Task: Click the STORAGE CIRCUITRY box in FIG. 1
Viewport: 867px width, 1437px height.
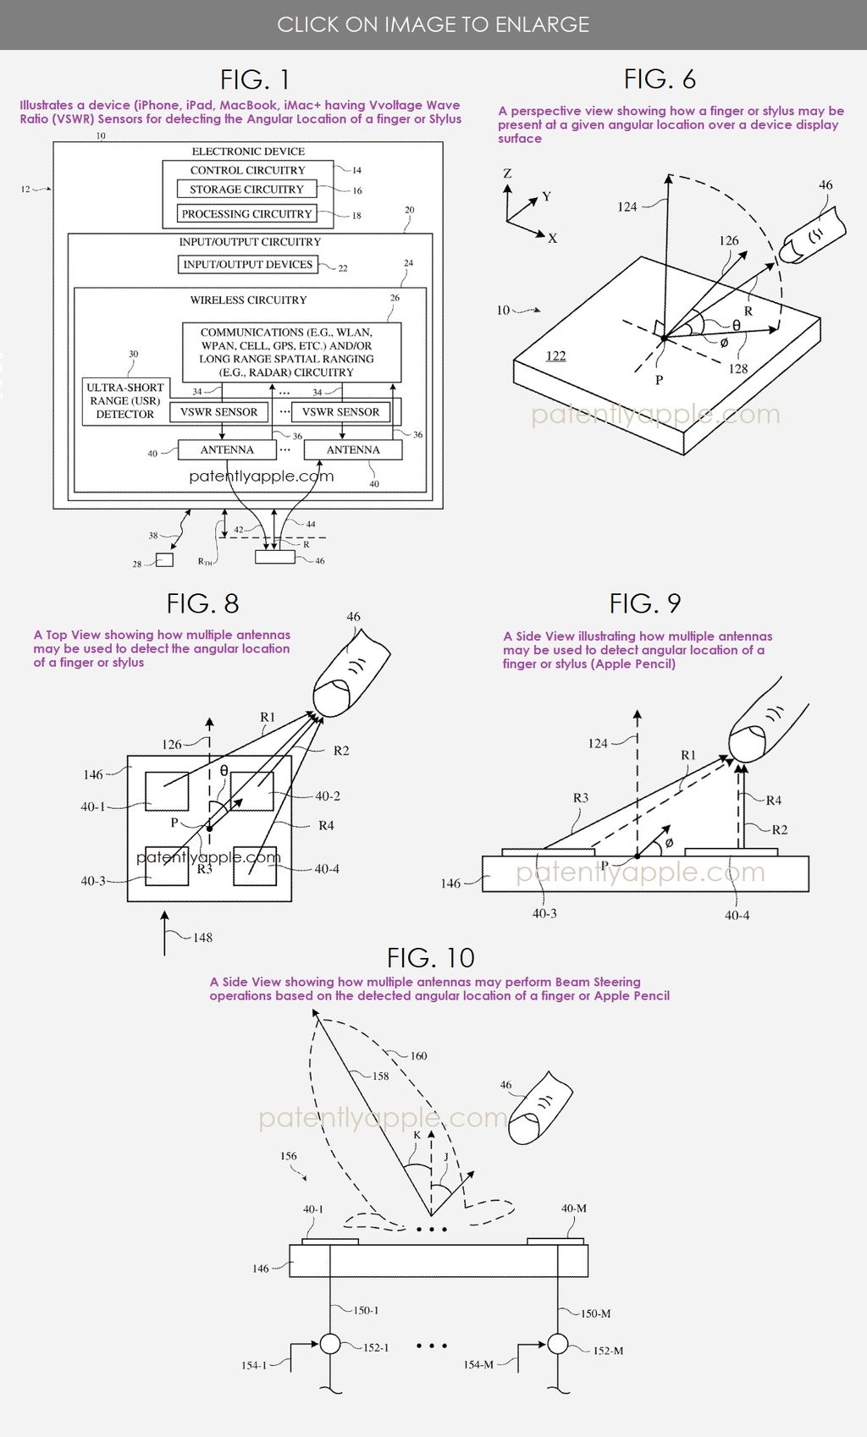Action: pos(246,190)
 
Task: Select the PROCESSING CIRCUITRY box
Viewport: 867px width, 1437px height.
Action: pos(246,214)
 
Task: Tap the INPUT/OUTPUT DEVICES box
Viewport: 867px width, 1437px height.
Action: pos(247,265)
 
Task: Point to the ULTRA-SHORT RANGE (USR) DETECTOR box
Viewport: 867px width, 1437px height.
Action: pos(125,401)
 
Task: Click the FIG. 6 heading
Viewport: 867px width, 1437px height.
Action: pos(660,80)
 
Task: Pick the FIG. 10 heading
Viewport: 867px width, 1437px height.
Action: pos(430,958)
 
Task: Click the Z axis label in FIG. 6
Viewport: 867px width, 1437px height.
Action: pos(507,173)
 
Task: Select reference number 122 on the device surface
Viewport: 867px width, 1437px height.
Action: pos(555,356)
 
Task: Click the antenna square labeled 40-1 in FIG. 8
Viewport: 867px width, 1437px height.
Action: pos(166,792)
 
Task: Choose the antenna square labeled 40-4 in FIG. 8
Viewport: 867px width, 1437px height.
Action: pos(254,865)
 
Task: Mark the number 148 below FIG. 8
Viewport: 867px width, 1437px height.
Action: pos(202,938)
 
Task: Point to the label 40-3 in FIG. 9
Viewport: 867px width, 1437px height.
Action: pos(544,914)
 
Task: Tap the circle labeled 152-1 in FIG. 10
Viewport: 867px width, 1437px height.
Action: pos(329,1344)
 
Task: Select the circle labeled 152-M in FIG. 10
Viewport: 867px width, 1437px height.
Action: pos(557,1344)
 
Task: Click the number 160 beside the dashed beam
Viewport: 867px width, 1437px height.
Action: pos(418,1056)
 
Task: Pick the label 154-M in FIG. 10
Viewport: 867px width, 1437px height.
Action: pos(478,1364)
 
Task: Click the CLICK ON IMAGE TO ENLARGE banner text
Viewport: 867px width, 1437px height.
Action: pos(433,25)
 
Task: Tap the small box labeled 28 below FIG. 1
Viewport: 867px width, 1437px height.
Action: pos(164,559)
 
